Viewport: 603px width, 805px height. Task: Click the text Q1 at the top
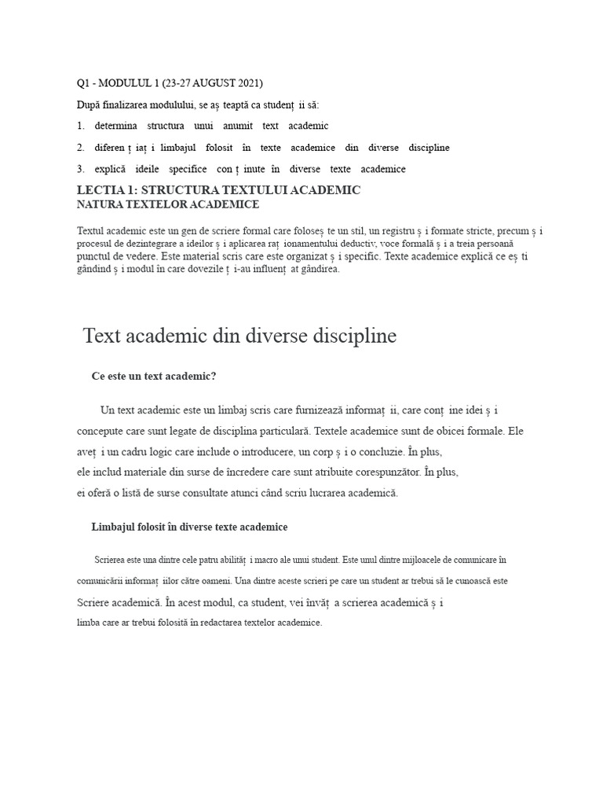[83, 83]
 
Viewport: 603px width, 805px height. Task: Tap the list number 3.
[80, 169]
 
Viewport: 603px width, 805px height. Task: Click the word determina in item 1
[115, 126]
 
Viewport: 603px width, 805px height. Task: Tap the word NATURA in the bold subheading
[100, 204]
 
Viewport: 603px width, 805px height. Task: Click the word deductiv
[386, 244]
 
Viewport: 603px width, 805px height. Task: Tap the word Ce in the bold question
[98, 377]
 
